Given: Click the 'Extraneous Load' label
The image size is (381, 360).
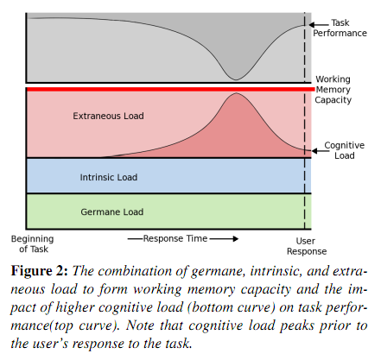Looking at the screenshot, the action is (108, 116).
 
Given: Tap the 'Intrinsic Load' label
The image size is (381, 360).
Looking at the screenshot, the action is (109, 177).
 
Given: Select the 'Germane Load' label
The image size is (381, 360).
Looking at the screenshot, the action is (112, 212).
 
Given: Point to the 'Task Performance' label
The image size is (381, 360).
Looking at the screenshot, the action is (340, 28).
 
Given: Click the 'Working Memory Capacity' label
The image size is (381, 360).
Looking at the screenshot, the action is (333, 90).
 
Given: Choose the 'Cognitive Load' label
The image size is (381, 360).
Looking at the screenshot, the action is (345, 150).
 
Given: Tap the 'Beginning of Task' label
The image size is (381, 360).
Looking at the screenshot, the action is (33, 243).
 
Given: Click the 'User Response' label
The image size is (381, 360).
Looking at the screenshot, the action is (307, 246).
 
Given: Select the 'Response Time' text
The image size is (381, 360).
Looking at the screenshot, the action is (175, 238).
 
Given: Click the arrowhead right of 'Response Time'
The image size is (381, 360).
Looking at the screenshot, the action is (236, 238).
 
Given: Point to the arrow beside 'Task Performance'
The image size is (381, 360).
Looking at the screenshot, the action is (319, 25).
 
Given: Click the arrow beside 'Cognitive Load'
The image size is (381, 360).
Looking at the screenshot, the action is (321, 151).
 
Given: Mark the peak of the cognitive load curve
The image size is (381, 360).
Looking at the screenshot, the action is (236, 93).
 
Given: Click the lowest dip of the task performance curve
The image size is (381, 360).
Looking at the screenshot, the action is (236, 79).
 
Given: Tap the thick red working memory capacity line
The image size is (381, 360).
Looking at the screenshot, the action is (170, 90).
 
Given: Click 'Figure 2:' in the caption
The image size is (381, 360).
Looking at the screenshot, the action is (40, 271).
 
